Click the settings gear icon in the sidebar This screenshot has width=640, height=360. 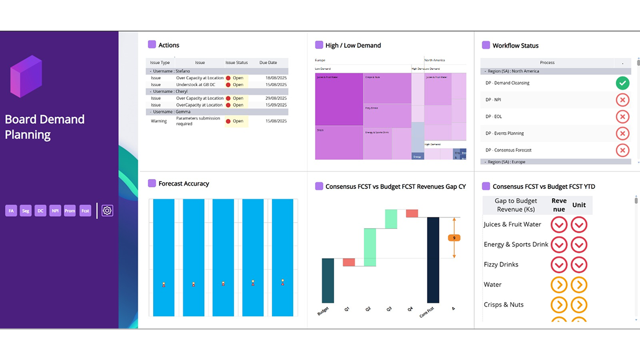coord(107,211)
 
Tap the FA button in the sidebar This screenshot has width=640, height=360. coord(11,211)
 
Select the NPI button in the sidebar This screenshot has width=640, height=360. coord(55,211)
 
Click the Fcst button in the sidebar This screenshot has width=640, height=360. coord(85,211)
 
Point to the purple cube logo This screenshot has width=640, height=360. coord(26,76)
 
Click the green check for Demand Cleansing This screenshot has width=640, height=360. coord(622,83)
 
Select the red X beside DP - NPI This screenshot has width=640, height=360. coord(622,99)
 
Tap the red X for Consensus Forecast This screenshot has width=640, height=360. coord(622,150)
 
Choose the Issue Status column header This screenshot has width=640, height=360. coord(236,63)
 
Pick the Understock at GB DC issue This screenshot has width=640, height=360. coord(195,85)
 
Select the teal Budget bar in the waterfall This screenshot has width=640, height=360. coord(328,280)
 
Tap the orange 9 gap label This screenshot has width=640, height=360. coord(454,238)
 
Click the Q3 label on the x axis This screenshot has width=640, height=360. coord(389,309)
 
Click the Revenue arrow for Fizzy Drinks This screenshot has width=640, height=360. coord(559,265)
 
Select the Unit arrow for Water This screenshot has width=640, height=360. coord(579,285)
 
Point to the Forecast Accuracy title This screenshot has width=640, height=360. coord(184,184)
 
